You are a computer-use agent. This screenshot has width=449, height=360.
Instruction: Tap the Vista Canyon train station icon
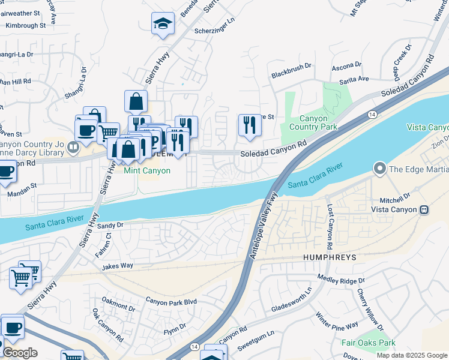(x=424, y=209)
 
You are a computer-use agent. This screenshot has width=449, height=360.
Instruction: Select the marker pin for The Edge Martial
(x=379, y=169)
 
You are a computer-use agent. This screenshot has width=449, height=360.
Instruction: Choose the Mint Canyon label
(x=147, y=170)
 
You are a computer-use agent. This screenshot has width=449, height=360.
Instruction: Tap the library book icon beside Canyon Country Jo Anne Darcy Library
(x=72, y=146)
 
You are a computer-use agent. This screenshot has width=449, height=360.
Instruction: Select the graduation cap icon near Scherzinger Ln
(x=163, y=24)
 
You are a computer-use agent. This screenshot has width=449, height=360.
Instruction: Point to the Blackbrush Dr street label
(x=292, y=74)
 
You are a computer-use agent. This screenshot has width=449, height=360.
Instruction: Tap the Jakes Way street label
(x=117, y=266)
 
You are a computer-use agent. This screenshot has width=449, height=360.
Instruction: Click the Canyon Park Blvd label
(x=170, y=301)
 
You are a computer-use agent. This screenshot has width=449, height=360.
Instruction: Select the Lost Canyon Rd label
(x=330, y=226)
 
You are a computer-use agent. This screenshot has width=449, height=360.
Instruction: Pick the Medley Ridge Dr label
(x=340, y=280)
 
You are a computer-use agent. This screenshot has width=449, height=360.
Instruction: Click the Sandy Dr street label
(x=110, y=225)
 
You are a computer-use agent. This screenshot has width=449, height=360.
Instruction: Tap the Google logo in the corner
(x=20, y=353)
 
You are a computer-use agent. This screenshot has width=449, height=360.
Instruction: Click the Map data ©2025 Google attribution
(x=411, y=355)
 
